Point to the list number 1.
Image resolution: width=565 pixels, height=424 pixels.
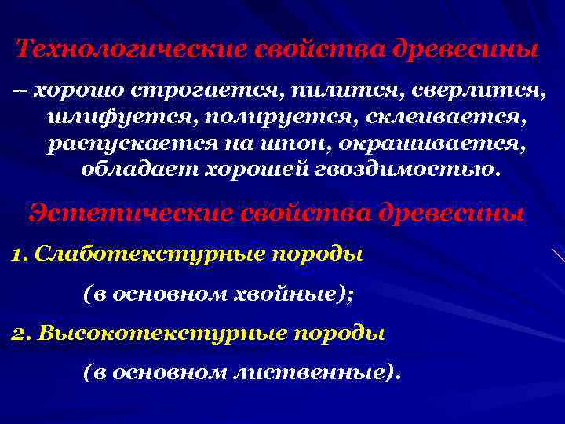point(20,256)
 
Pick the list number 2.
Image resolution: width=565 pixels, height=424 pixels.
point(20,334)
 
